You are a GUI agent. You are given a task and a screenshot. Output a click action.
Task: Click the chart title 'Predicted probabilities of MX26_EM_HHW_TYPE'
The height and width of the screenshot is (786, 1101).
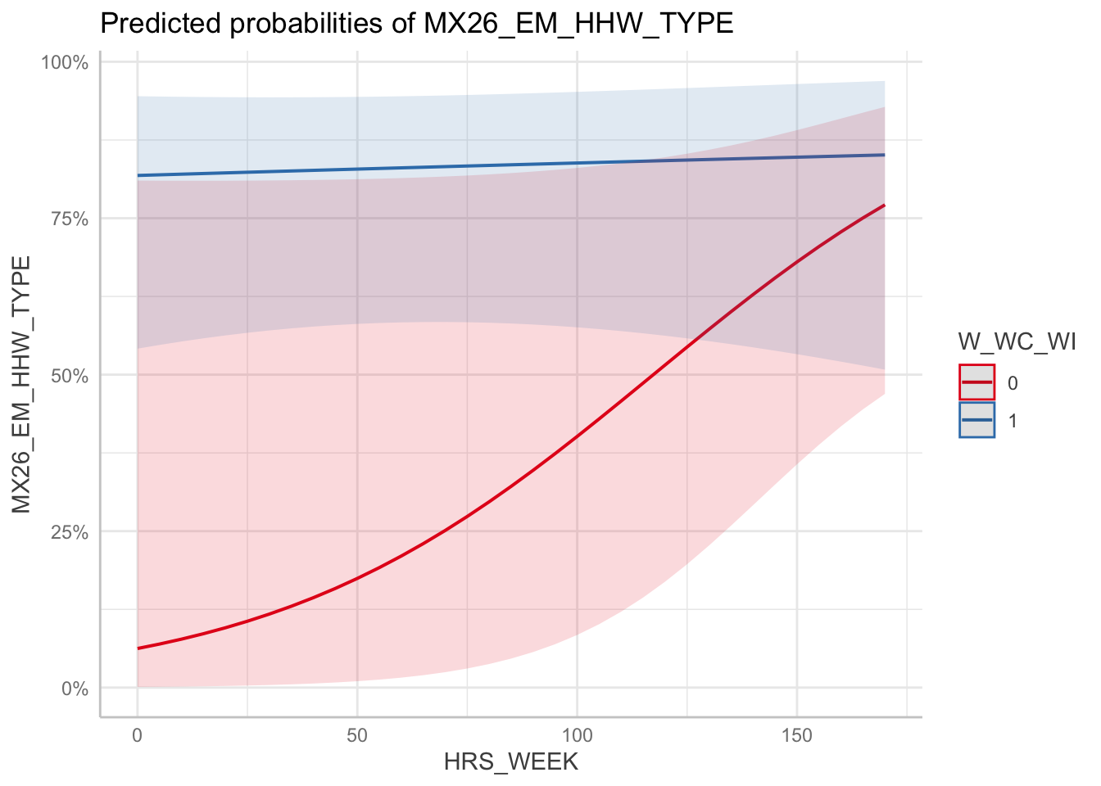416,24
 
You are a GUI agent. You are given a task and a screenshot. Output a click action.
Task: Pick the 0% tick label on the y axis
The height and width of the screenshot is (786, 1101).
73,689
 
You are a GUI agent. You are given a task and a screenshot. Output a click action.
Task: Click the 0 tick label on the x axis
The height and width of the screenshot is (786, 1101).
138,736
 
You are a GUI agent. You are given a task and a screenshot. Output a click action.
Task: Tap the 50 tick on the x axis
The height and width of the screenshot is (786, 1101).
357,736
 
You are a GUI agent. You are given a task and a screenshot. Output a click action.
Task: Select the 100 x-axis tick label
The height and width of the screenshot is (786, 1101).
577,736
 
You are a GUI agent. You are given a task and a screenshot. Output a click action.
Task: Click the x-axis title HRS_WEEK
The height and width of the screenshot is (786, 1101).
511,762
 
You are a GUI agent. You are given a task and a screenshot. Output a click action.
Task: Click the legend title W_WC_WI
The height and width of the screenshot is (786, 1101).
1017,342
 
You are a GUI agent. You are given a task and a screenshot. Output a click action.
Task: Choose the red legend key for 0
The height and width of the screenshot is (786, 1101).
977,382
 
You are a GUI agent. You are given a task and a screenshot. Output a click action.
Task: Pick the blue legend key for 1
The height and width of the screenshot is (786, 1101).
977,420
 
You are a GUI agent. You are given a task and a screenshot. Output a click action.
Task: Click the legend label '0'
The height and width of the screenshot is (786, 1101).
1013,383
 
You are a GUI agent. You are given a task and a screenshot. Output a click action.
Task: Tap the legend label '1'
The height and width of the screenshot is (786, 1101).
1013,421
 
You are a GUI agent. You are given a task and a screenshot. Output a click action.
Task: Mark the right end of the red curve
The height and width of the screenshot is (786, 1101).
884,205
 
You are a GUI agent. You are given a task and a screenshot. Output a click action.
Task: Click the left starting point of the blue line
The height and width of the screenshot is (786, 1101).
138,175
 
